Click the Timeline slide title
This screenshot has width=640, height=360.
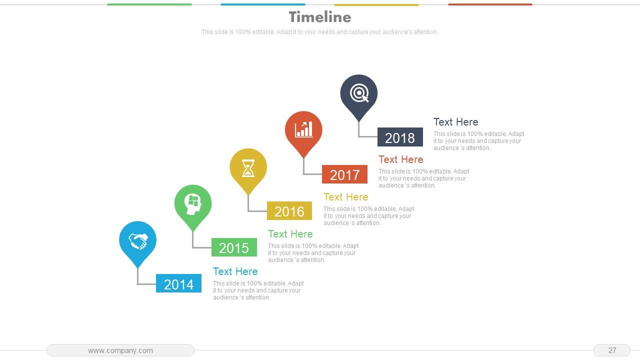tap(320, 17)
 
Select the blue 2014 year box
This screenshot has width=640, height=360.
tap(178, 283)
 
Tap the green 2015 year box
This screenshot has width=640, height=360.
tap(234, 247)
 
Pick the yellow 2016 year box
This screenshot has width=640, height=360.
tap(289, 211)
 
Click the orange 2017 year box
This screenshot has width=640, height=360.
tap(344, 174)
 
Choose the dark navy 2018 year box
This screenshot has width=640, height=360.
tap(400, 137)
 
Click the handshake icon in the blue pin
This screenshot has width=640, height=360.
tap(137, 241)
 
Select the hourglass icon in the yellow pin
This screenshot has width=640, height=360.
tap(248, 168)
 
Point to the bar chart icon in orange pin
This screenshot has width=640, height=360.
tap(303, 129)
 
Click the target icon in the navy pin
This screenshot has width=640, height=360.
tap(359, 93)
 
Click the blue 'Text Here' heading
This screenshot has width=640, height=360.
tap(235, 271)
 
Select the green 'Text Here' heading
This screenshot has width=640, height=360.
tap(290, 234)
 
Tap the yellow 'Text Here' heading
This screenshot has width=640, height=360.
tap(346, 197)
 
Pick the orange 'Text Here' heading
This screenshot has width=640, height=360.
tap(401, 159)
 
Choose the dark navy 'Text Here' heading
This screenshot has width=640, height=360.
tap(456, 122)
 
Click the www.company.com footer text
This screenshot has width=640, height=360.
tap(120, 350)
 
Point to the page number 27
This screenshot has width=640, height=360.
tap(612, 350)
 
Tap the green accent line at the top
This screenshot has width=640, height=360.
tap(149, 4)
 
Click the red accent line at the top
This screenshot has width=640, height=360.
tap(490, 4)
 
